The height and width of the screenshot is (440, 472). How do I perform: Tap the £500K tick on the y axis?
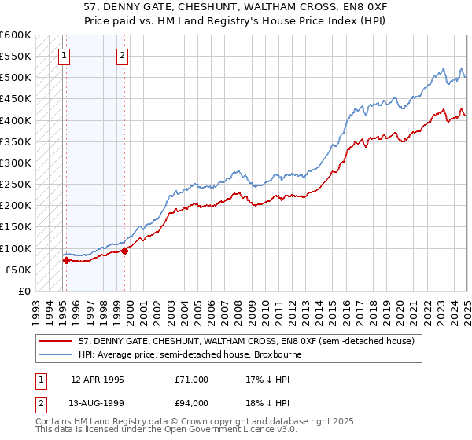[x=16, y=78]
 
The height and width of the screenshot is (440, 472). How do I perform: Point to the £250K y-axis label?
[x=16, y=185]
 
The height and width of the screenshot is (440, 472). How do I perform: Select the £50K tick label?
[x=18, y=269]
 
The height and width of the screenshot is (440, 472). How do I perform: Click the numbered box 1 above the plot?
[x=64, y=55]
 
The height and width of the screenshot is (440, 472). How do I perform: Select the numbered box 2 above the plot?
[x=123, y=55]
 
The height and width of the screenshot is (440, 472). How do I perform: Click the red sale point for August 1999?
[x=125, y=251]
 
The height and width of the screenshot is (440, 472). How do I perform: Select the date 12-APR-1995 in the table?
[x=98, y=379]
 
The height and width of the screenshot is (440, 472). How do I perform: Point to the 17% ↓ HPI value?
[x=267, y=379]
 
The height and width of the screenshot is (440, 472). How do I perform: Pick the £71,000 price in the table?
[x=192, y=379]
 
